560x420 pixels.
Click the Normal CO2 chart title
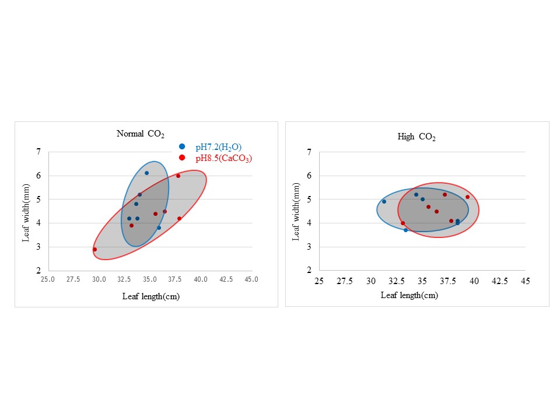(141, 134)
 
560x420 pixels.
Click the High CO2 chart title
(416, 137)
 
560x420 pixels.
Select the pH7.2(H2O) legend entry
(218, 147)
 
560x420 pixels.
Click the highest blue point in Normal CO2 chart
(146, 173)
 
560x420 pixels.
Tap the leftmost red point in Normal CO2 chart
(94, 249)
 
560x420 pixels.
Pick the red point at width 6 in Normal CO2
(178, 176)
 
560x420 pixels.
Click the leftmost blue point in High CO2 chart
(384, 201)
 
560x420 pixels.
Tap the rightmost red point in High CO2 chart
(467, 197)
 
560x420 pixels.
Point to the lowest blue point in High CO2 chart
(406, 230)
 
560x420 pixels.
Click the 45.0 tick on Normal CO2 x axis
(251, 279)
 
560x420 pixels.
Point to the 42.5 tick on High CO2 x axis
(500, 281)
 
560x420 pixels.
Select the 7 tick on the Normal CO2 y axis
(38, 152)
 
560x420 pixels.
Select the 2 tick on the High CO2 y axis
(309, 271)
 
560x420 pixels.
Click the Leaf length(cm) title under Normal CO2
(150, 296)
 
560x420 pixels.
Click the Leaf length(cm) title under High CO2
(409, 295)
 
